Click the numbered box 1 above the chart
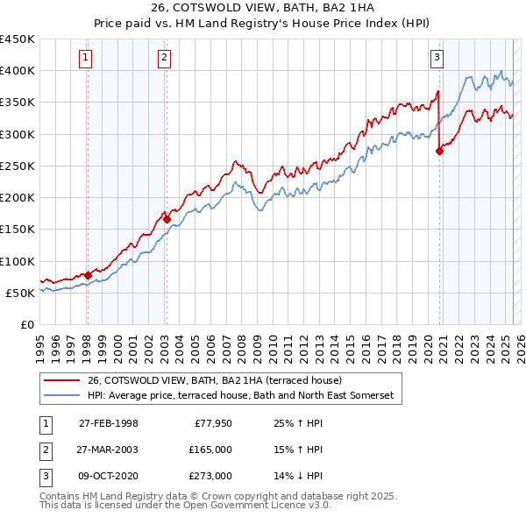click(86, 59)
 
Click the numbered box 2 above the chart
click(164, 59)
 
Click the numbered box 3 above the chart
click(437, 59)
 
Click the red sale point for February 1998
click(88, 275)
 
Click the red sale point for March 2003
click(167, 220)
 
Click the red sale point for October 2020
click(439, 151)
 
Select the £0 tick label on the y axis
click(26, 324)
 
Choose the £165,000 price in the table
click(211, 450)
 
